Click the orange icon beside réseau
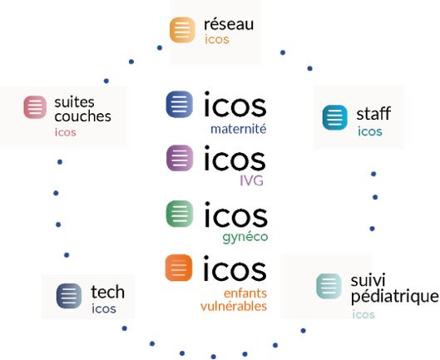click(x=182, y=30)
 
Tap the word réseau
click(x=229, y=24)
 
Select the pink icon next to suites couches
click(x=35, y=107)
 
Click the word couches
click(x=83, y=116)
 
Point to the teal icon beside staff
click(x=335, y=117)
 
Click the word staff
click(x=373, y=113)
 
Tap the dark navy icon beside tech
click(x=69, y=296)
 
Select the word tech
click(x=108, y=292)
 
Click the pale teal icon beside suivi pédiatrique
click(x=329, y=286)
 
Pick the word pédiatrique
click(x=394, y=297)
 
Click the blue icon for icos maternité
click(x=180, y=104)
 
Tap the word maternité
click(x=238, y=129)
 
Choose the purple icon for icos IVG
click(x=180, y=158)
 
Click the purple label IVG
click(x=252, y=180)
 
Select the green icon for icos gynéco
click(x=180, y=214)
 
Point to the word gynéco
click(x=245, y=238)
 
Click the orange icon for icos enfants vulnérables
click(x=179, y=268)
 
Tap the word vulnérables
click(x=234, y=306)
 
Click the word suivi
click(x=368, y=280)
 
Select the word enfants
click(x=245, y=293)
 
